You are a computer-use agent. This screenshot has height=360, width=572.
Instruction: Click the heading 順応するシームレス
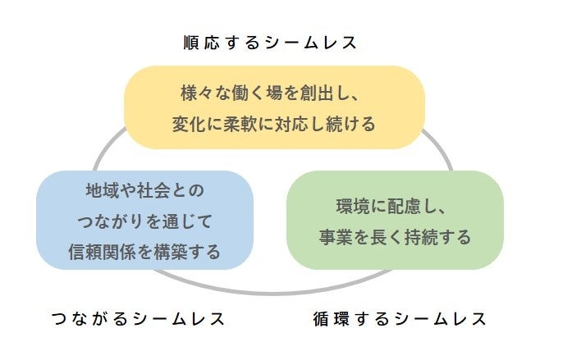[271, 43]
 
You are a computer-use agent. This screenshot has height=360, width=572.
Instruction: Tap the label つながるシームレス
[137, 318]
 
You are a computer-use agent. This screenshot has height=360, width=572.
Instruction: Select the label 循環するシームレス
[400, 318]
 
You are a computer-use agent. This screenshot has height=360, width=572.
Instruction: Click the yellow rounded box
[274, 107]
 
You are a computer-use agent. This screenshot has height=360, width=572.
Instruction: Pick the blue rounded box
[144, 220]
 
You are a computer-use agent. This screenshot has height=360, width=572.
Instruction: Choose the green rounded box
[395, 220]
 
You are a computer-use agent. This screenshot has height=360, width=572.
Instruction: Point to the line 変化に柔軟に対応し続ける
[274, 124]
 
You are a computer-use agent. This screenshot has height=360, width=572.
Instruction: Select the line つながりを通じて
[144, 221]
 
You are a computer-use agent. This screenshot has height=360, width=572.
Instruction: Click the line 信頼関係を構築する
[144, 252]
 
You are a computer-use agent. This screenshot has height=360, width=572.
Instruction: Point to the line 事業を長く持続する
[395, 237]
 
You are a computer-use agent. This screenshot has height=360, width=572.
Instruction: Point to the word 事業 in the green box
[335, 237]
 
